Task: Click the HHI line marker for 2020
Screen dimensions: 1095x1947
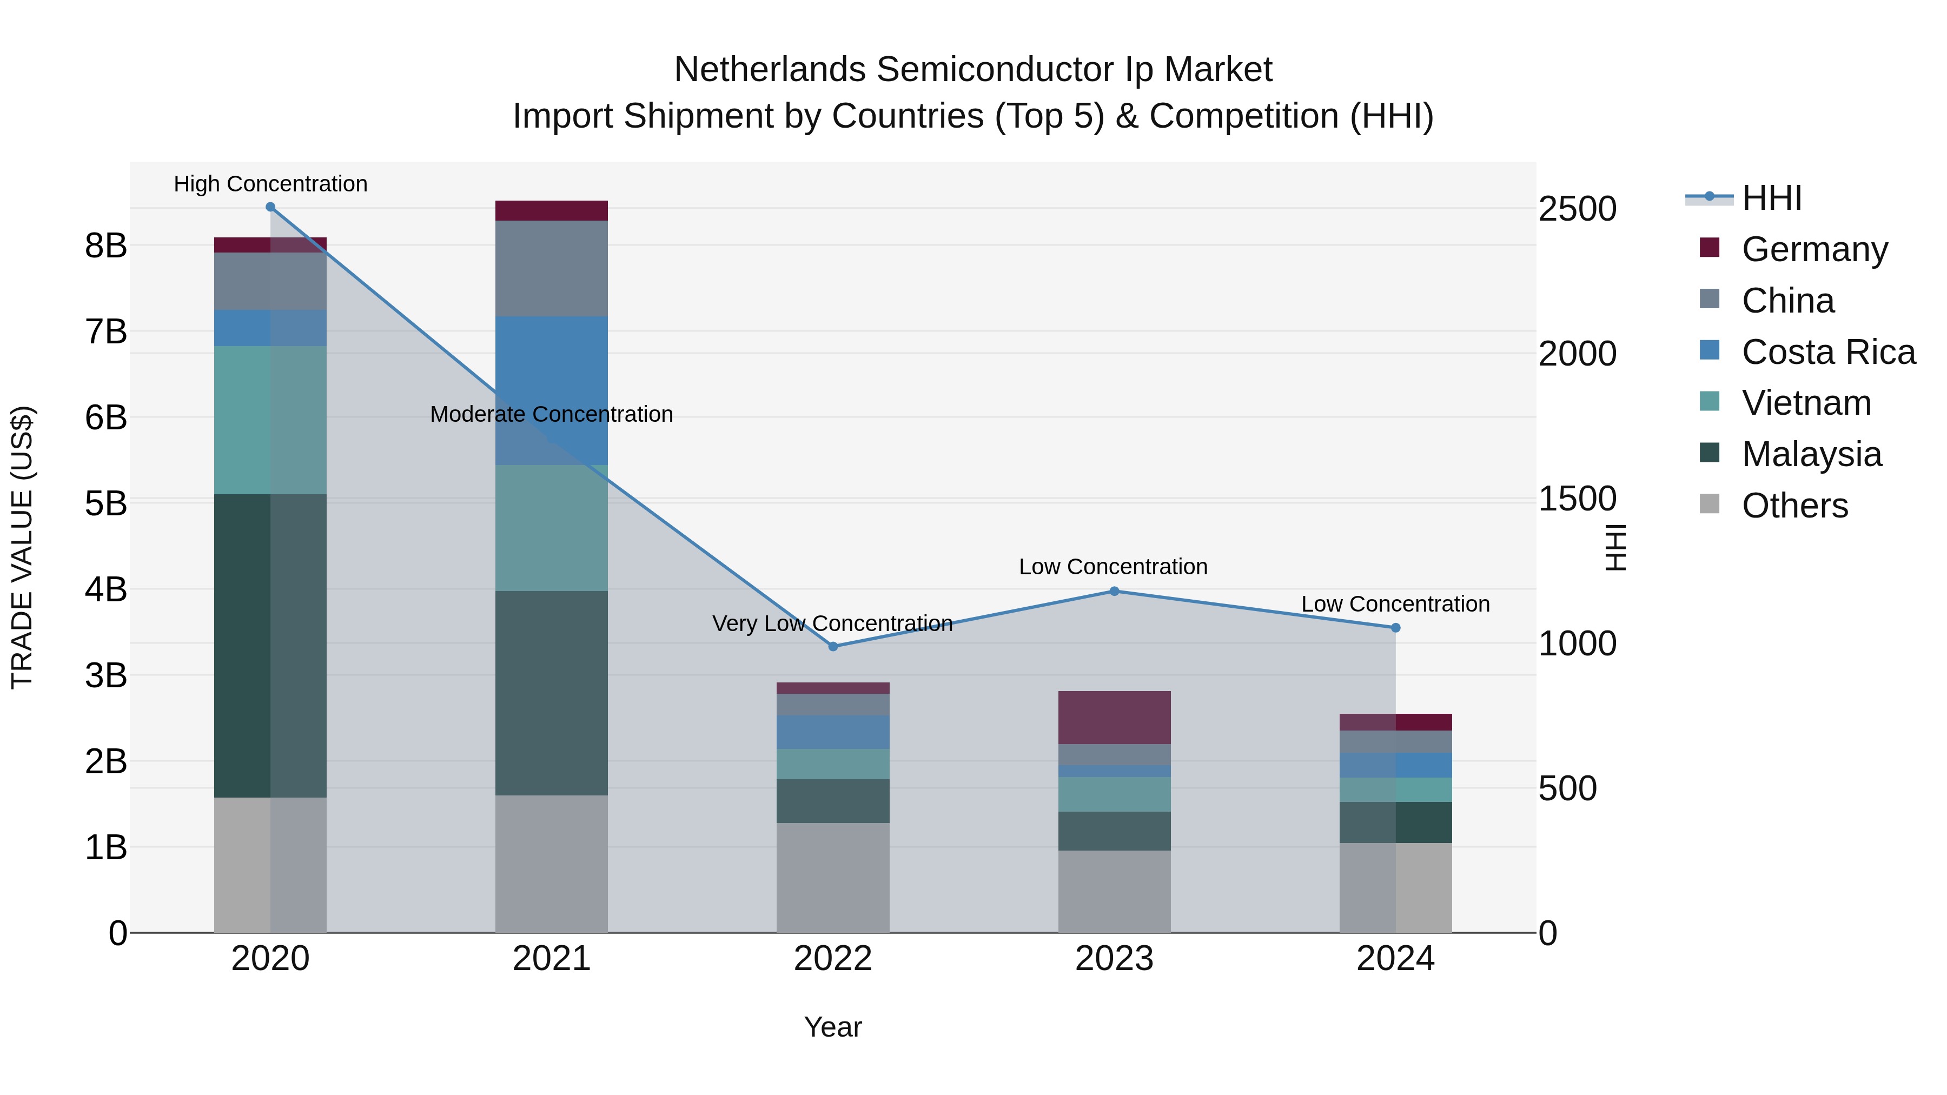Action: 270,207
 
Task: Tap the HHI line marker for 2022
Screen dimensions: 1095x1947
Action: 833,646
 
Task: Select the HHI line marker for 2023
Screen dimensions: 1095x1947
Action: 1114,591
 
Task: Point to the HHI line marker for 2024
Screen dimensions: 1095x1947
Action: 1395,628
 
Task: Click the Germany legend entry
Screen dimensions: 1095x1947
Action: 1814,249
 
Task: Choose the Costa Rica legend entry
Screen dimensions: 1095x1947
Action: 1827,352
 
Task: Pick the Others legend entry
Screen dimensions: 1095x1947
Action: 1794,506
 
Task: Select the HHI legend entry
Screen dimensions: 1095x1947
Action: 1771,198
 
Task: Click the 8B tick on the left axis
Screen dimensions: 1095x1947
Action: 106,245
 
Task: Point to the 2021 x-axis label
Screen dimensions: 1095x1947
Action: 552,959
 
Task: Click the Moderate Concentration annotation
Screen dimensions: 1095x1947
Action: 552,414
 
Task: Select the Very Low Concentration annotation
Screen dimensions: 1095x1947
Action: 832,623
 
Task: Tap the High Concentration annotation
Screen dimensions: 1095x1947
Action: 270,184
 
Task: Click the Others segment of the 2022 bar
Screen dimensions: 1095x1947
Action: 833,878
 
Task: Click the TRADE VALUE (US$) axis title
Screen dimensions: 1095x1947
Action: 23,547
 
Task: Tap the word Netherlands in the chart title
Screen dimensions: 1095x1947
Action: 771,70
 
